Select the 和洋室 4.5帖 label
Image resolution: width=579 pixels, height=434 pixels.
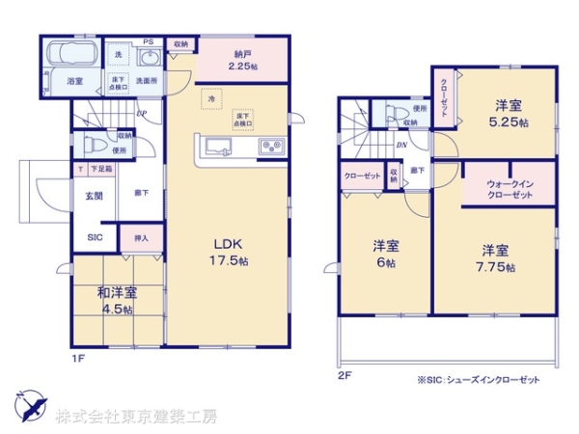pyautogui.click(x=116, y=300)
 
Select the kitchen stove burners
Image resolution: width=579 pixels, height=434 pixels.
pyautogui.click(x=270, y=148)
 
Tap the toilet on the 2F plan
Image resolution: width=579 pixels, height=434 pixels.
pyautogui.click(x=393, y=114)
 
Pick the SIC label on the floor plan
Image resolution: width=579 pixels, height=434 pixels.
pyautogui.click(x=96, y=236)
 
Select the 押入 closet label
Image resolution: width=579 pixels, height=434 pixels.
pyautogui.click(x=141, y=236)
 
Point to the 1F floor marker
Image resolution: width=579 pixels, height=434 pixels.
pyautogui.click(x=78, y=358)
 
